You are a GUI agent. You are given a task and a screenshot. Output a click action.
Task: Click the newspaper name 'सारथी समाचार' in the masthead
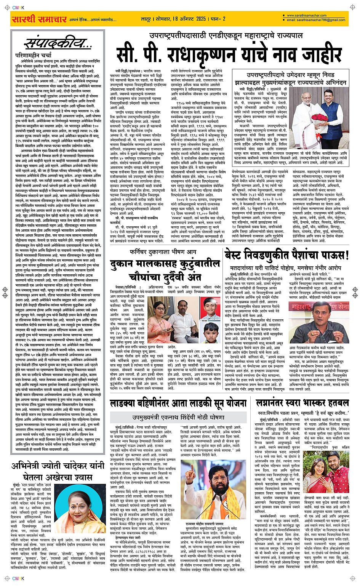39,19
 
